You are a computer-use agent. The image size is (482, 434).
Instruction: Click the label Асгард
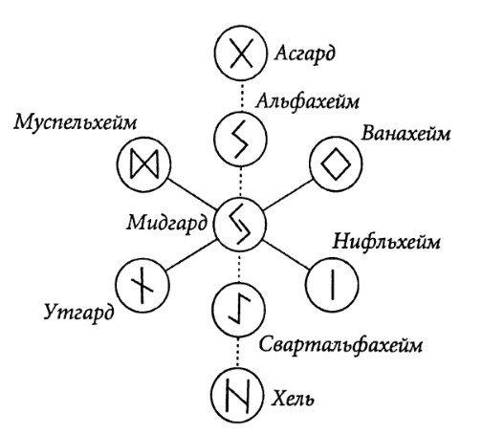click(x=305, y=54)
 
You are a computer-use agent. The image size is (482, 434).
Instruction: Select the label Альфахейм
click(x=307, y=101)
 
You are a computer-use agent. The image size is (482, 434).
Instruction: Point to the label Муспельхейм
click(x=76, y=122)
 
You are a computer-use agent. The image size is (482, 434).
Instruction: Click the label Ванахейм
click(x=405, y=133)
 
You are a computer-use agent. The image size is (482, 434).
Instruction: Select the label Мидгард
click(x=167, y=223)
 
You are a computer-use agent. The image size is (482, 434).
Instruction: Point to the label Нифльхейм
click(x=386, y=242)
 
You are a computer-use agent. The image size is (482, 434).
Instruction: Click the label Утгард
click(x=78, y=313)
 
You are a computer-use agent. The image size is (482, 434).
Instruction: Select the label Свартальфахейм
click(x=340, y=345)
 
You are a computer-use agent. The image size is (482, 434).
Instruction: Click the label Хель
click(x=293, y=399)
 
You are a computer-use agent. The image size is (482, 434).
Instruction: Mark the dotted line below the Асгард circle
click(x=242, y=97)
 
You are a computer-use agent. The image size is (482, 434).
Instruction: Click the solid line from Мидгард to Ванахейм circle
click(x=287, y=196)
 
